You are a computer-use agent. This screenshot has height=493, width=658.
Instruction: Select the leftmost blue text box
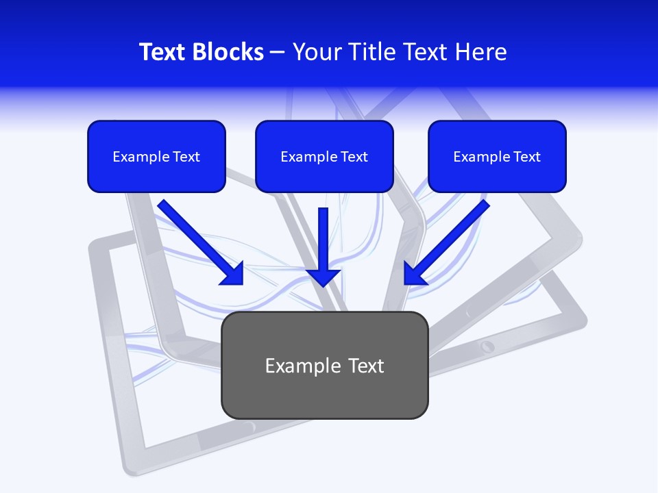[x=156, y=156]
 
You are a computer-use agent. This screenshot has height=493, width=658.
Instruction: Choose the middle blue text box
[x=324, y=156]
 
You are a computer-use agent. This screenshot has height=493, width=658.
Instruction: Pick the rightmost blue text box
[x=497, y=156]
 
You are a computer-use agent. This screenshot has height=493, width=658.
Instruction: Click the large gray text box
[x=325, y=365]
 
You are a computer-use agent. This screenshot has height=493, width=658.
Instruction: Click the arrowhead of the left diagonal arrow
[x=233, y=274]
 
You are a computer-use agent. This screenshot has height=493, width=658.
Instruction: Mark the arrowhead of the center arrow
[x=324, y=277]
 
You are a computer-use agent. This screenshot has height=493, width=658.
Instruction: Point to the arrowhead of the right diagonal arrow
[x=415, y=274]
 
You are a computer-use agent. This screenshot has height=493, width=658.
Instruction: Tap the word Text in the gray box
[x=367, y=366]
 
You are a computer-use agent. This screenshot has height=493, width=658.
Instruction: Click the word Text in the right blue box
[x=527, y=157]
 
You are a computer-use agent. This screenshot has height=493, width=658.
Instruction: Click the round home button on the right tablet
[x=487, y=346]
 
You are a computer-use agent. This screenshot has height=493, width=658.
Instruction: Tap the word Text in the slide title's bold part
[x=162, y=52]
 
